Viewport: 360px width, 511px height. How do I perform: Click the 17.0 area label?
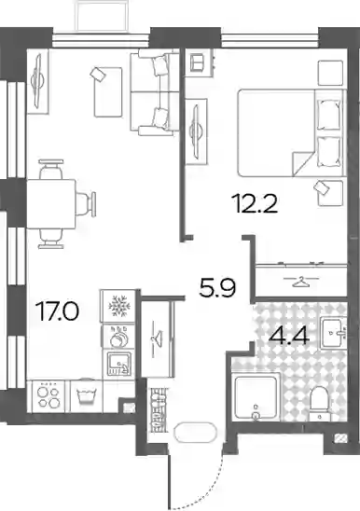(x=59, y=311)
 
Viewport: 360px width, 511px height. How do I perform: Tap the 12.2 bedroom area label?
(x=255, y=203)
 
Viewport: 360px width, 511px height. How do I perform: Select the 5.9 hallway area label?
(x=217, y=287)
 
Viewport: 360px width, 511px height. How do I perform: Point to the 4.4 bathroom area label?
(x=288, y=336)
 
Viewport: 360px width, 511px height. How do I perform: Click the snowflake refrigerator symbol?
(x=118, y=306)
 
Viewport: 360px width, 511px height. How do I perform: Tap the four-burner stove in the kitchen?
(x=48, y=397)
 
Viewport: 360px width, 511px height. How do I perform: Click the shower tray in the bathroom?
(x=256, y=397)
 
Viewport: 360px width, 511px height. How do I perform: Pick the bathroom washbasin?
(x=332, y=332)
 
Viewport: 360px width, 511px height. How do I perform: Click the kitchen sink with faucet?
(x=118, y=364)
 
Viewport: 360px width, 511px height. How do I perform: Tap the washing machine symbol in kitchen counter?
(x=86, y=396)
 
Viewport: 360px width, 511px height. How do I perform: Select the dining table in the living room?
(x=51, y=204)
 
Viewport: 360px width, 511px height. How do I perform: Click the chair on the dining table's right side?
(x=87, y=204)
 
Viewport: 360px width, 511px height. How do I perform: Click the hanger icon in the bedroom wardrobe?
(x=301, y=282)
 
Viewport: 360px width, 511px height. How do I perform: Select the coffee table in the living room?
(x=108, y=92)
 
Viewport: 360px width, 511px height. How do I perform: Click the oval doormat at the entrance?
(x=195, y=432)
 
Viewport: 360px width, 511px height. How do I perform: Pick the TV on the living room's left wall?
(x=38, y=81)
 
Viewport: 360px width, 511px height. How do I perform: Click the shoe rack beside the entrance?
(x=159, y=410)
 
